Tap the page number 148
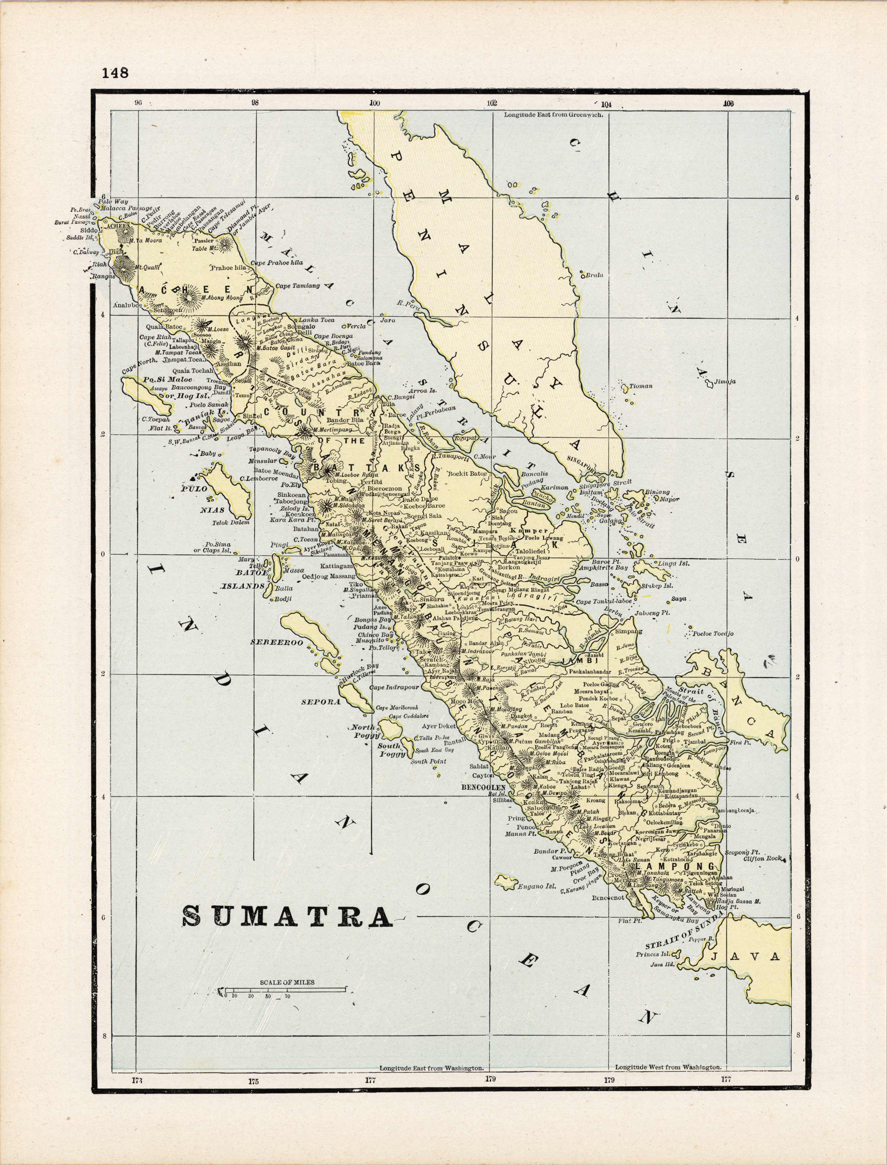click(x=115, y=73)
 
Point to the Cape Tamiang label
click(x=298, y=286)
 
